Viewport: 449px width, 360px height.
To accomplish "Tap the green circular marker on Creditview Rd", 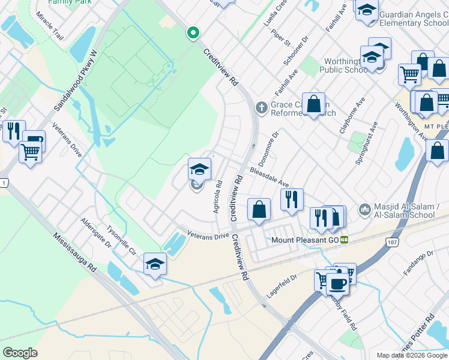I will [193, 32].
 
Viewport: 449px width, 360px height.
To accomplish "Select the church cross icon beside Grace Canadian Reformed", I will [261, 108].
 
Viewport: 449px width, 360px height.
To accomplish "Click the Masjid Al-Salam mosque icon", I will [364, 210].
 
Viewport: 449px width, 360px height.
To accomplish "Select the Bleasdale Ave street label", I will [270, 177].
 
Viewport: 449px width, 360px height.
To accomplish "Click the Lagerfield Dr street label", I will [282, 286].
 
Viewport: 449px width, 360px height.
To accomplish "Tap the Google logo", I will [20, 353].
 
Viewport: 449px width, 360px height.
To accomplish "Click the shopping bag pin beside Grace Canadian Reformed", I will [313, 104].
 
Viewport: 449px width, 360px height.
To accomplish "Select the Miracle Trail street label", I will [49, 26].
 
